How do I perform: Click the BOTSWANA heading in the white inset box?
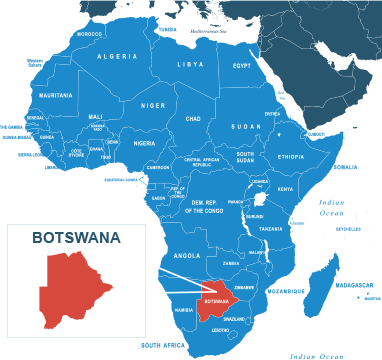(x=76, y=238)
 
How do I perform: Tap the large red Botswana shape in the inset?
(x=76, y=290)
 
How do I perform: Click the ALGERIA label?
(x=118, y=57)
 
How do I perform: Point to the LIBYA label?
(x=190, y=64)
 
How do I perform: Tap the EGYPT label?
(x=242, y=66)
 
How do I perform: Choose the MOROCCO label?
(x=89, y=34)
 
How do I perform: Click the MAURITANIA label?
(x=56, y=95)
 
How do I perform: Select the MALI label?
(x=96, y=116)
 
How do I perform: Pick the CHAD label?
(x=193, y=119)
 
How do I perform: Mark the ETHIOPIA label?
(x=291, y=157)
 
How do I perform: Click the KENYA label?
(x=285, y=189)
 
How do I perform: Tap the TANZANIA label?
(x=271, y=229)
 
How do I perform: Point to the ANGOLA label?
(x=187, y=255)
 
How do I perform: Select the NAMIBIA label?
(x=183, y=310)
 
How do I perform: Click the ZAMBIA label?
(x=231, y=263)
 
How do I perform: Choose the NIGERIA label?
(x=145, y=143)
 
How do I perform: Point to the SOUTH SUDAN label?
(x=245, y=157)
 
